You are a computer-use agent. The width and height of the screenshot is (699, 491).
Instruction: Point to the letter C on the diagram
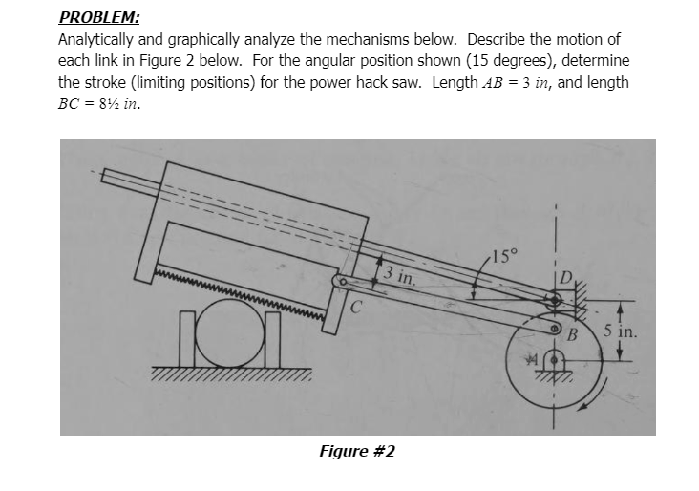[356, 307]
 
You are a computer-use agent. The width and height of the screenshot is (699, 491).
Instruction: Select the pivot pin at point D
[556, 300]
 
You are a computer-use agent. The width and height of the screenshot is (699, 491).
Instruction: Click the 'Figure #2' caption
[356, 450]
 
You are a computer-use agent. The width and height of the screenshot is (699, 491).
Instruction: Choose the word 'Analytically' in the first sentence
[99, 40]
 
